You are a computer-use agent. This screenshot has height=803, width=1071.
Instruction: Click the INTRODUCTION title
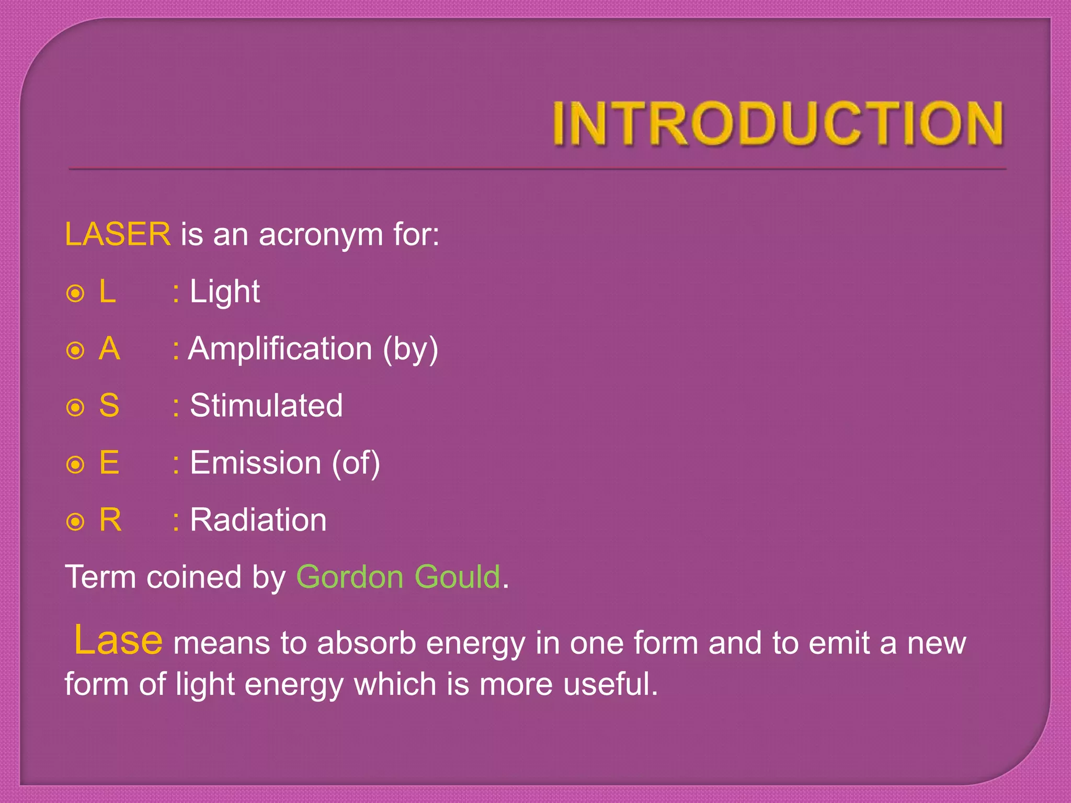778,123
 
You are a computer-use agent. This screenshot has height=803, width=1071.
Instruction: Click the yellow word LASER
118,234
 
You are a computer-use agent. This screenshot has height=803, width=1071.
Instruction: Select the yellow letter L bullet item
107,291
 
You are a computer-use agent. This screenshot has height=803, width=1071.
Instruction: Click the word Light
224,292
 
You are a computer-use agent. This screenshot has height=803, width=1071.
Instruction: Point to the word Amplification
280,349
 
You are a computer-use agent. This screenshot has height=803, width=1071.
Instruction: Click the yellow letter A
109,349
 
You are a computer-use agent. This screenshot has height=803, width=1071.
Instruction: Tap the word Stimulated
266,406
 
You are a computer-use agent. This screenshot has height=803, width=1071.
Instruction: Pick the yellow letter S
109,406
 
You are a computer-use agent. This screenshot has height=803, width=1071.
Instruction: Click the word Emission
256,463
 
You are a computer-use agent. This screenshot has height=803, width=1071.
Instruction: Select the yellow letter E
109,463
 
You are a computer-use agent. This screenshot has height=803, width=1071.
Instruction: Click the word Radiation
258,520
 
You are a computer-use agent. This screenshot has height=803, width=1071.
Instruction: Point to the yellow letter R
110,520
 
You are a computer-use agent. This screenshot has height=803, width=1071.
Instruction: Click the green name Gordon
350,577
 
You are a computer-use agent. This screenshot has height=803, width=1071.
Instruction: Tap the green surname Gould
458,577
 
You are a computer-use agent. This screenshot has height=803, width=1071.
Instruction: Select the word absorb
366,643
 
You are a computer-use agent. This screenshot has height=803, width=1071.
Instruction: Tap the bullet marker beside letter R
76,522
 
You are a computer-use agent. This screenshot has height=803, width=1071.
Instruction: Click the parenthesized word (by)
411,350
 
